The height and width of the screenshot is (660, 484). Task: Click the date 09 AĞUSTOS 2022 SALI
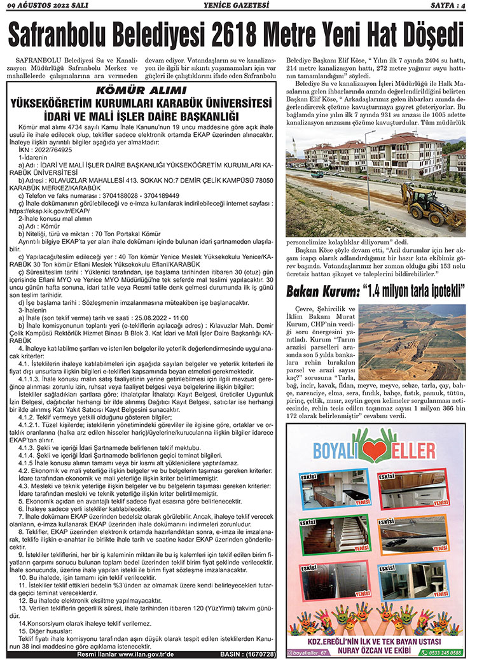tap(48, 6)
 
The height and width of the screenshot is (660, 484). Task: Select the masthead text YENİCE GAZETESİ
tap(242, 6)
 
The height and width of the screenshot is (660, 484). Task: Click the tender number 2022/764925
tap(54, 149)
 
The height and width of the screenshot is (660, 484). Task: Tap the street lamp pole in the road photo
tap(367, 178)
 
